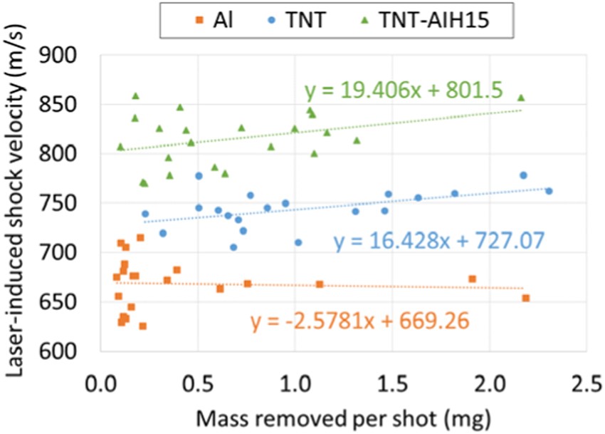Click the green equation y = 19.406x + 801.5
point(404,91)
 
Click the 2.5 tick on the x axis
point(586,376)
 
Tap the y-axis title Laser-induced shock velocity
point(19,203)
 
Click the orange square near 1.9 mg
point(472,279)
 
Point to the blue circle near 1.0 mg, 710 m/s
point(298,242)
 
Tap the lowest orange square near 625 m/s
point(143,326)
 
